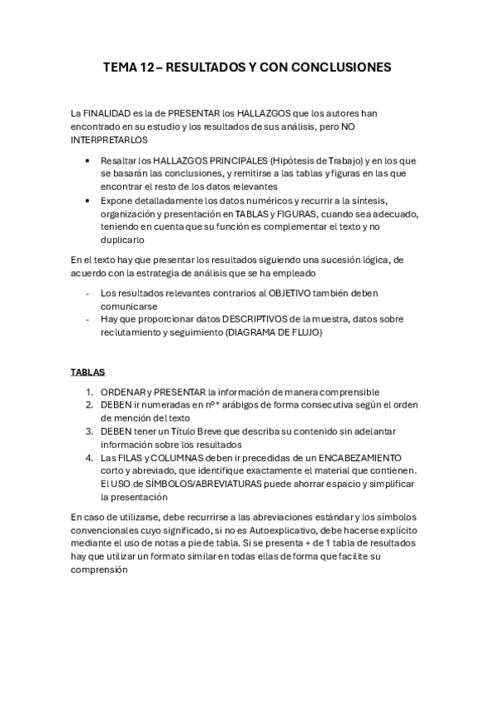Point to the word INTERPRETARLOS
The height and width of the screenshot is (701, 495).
pos(107,141)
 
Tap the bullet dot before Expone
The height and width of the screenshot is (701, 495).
pos(88,201)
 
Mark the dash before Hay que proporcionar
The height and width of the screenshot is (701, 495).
pos(88,319)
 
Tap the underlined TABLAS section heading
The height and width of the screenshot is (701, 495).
pos(87,372)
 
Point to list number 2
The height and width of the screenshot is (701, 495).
pos(88,405)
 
